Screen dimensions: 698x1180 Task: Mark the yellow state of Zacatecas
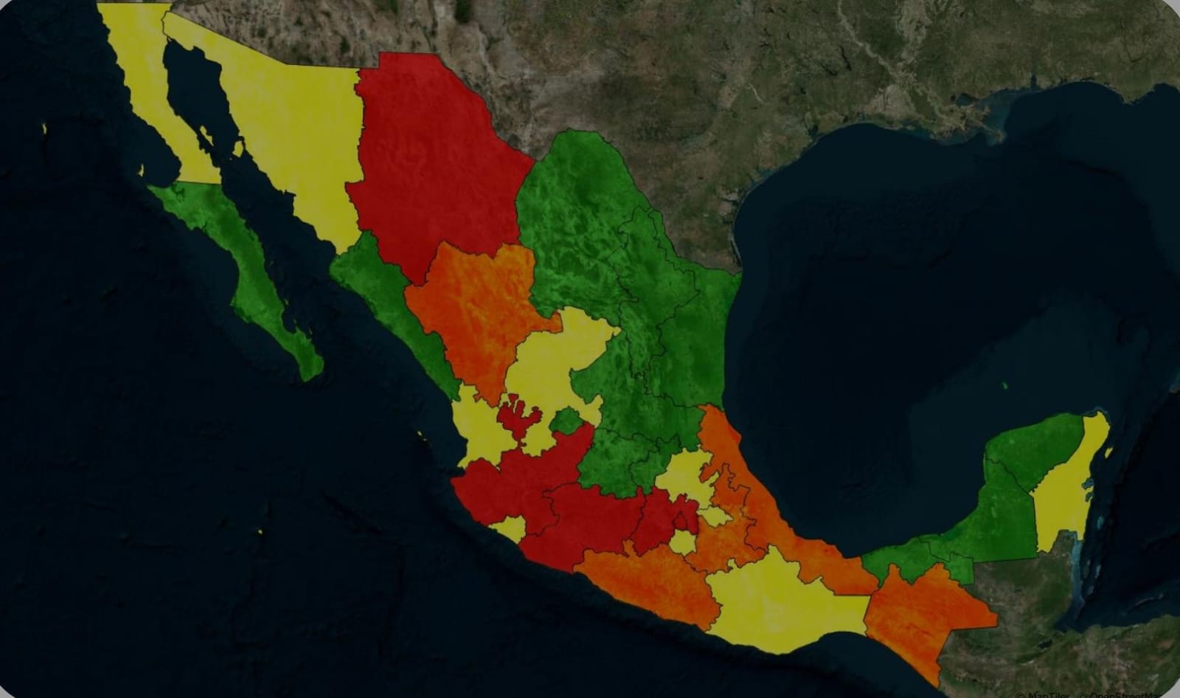coord(553,354)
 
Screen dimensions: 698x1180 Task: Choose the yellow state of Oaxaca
coord(782,598)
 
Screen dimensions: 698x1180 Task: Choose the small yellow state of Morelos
coord(683,543)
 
